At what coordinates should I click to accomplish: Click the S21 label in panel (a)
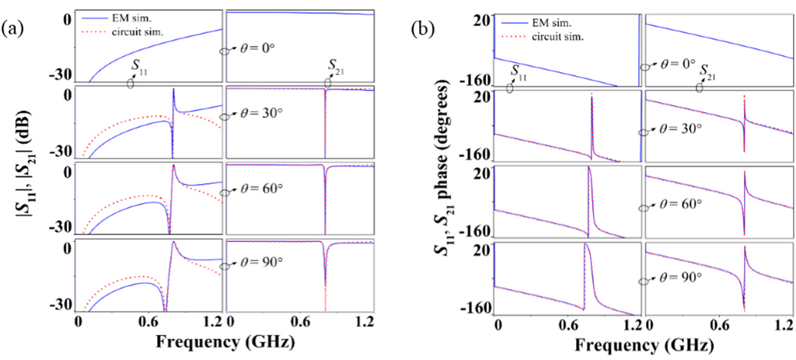coord(335,65)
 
